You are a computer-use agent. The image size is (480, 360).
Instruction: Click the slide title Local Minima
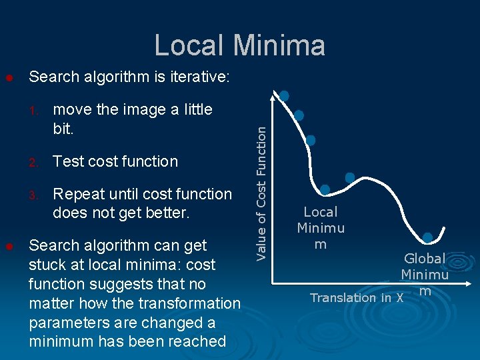240,45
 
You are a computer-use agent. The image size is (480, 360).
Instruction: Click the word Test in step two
69,161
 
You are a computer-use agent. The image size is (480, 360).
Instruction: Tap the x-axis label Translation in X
357,298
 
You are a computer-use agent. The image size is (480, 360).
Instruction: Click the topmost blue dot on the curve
284,96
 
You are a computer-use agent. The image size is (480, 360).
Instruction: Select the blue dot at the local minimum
325,189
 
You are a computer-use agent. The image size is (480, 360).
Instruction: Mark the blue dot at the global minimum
427,237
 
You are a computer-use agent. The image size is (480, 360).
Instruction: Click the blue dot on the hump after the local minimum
350,177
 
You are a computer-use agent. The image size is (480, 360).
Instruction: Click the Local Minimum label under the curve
321,228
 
